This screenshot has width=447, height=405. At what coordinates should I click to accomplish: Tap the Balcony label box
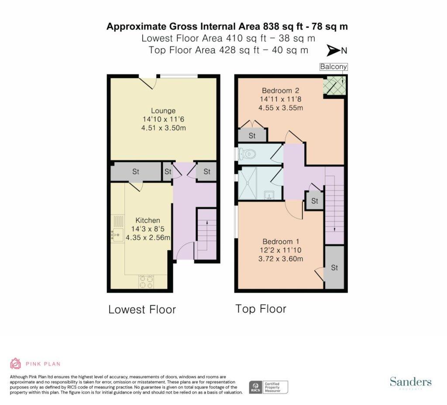pyautogui.click(x=334, y=67)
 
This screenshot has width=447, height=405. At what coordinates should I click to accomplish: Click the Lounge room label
pyautogui.click(x=163, y=111)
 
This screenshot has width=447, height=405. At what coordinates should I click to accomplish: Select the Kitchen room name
pyautogui.click(x=148, y=220)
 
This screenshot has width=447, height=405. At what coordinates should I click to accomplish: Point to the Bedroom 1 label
pyautogui.click(x=281, y=242)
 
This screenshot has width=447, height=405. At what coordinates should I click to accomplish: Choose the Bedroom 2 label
pyautogui.click(x=281, y=90)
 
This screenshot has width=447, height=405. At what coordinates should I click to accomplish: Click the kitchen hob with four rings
pyautogui.click(x=146, y=281)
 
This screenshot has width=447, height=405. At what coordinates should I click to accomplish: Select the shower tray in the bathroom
pyautogui.click(x=248, y=183)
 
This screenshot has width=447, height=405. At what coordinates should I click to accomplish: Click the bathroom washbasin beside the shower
pyautogui.click(x=269, y=195)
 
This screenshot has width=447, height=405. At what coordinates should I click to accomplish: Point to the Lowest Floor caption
pyautogui.click(x=142, y=310)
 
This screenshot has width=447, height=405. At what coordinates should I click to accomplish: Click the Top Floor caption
pyautogui.click(x=261, y=309)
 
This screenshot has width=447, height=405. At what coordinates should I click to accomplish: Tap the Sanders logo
pyautogui.click(x=411, y=382)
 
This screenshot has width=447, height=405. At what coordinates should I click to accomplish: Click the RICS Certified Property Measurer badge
pyautogui.click(x=268, y=387)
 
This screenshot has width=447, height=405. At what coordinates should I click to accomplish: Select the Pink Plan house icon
pyautogui.click(x=15, y=363)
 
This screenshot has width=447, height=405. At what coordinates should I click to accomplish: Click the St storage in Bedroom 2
pyautogui.click(x=252, y=135)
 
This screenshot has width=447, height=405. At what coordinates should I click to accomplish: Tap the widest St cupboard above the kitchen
pyautogui.click(x=136, y=172)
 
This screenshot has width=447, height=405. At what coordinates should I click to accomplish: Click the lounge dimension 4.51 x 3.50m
pyautogui.click(x=164, y=128)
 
